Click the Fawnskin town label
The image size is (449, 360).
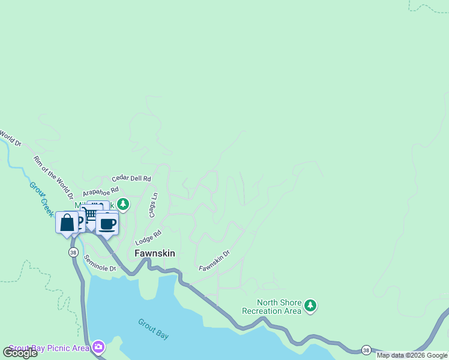click(155, 253)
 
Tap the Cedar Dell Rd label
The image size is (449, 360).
click(131, 179)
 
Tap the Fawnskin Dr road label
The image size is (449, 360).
click(214, 260)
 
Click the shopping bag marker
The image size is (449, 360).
click(67, 223)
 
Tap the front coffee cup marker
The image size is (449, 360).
click(107, 224)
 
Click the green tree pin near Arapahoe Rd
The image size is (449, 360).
click(123, 205)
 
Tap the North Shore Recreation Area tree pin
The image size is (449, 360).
click(310, 306)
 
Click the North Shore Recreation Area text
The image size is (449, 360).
click(271, 307)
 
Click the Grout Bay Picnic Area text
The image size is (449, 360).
click(49, 348)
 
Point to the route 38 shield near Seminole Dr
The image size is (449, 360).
click(73, 252)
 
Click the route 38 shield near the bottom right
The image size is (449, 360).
click(366, 350)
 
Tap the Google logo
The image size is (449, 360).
click(20, 353)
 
